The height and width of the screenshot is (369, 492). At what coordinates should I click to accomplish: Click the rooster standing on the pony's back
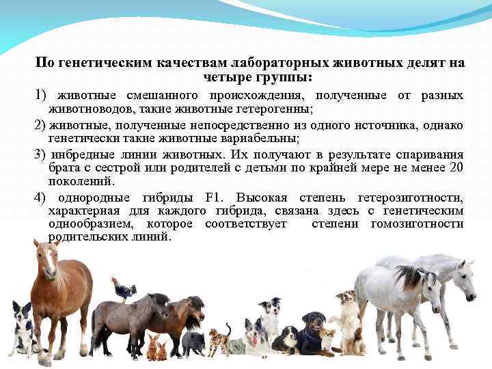[x=124, y=290]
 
